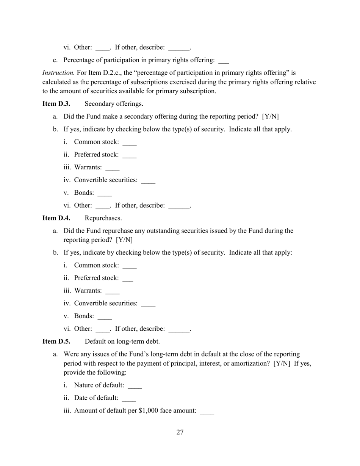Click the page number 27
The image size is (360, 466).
(x=180, y=433)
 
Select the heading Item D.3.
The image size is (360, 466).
(x=56, y=104)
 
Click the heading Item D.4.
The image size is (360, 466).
(x=56, y=218)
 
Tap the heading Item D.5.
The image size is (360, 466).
(x=56, y=341)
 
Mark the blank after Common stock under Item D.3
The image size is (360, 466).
(x=130, y=143)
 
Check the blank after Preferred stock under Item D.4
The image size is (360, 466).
(x=128, y=279)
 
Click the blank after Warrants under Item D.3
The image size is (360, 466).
(x=113, y=169)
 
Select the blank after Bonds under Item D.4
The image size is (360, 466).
(x=105, y=317)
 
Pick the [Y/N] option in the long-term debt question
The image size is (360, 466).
(x=282, y=363)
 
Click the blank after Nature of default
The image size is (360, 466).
(x=135, y=386)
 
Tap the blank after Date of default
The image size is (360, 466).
(x=129, y=399)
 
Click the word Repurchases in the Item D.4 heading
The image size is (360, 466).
(x=103, y=218)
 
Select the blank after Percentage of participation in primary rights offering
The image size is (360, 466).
(x=224, y=61)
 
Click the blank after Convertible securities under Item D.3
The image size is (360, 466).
(x=148, y=181)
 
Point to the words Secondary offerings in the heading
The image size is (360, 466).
(x=114, y=104)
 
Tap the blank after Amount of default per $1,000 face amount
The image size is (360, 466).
(x=207, y=412)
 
